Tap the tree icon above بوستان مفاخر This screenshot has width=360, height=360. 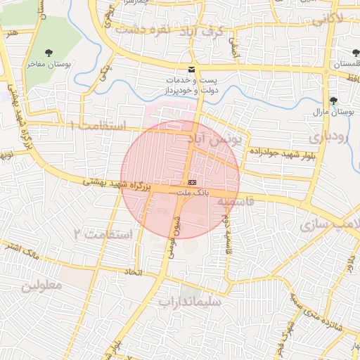coord(49,53)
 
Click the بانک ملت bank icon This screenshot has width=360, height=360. coord(193,181)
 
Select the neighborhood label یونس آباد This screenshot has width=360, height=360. coord(218,139)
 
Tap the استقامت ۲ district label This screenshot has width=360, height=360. coord(103,233)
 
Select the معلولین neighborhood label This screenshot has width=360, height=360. coord(41,285)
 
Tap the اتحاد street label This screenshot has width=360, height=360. coord(133,271)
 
